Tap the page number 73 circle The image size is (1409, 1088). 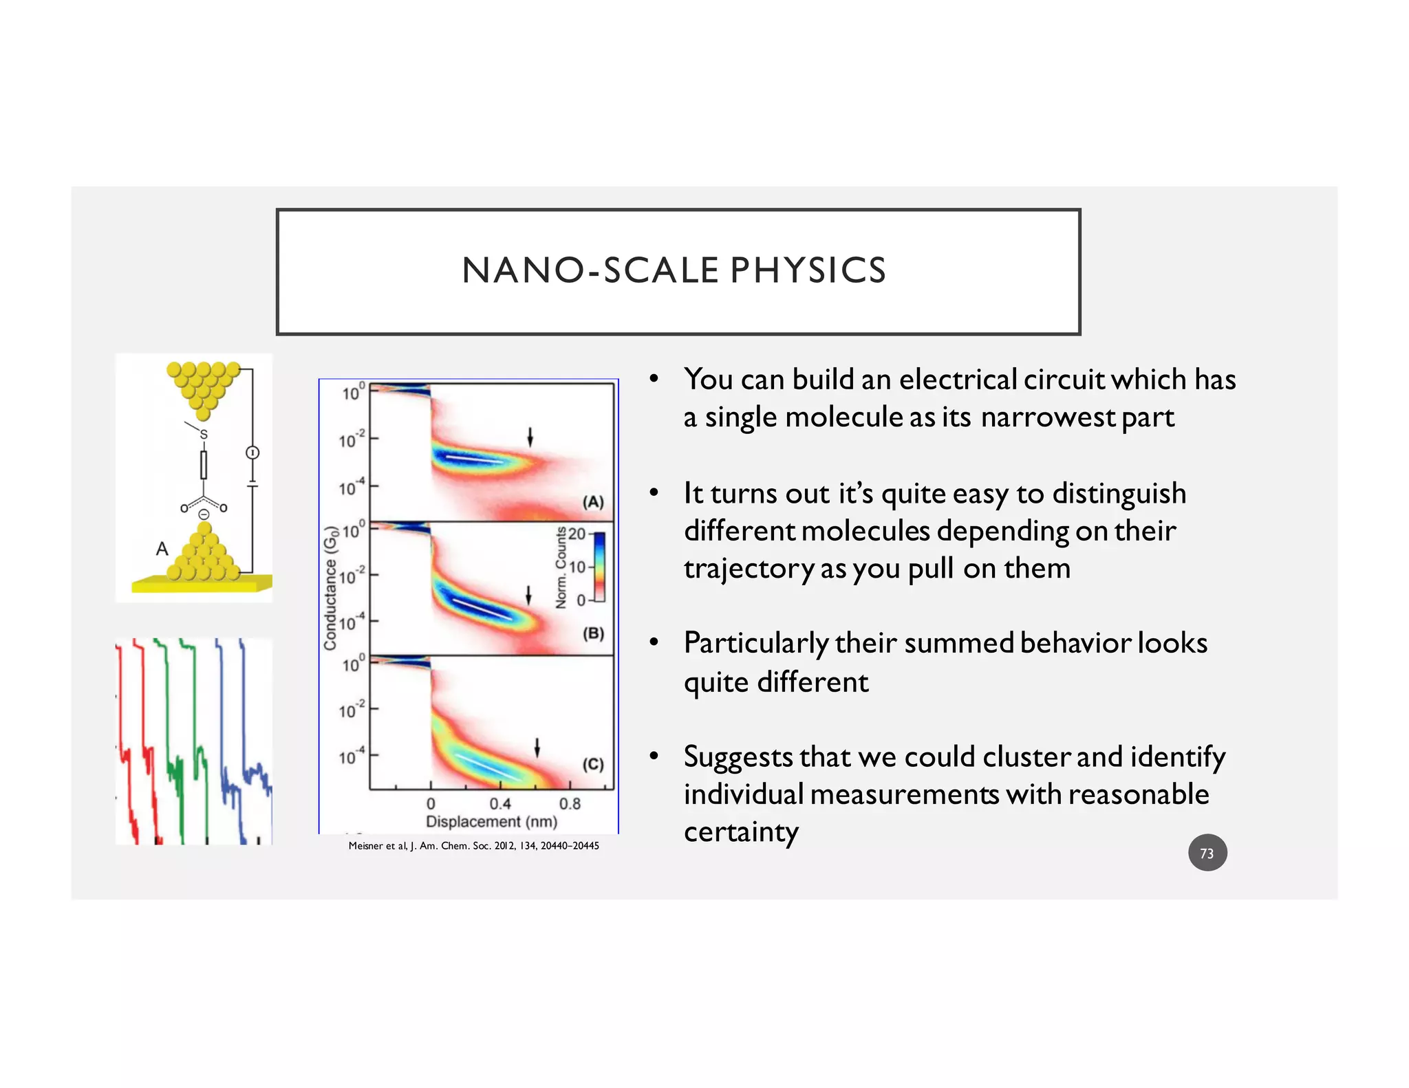[1207, 853]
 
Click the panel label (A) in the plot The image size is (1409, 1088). [593, 502]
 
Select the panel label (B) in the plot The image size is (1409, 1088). [593, 633]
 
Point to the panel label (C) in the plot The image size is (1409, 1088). [593, 764]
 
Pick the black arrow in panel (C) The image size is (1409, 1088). [537, 748]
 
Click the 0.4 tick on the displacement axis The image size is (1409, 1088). [500, 803]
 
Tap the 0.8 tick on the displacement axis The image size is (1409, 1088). [570, 803]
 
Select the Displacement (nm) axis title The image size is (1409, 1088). [491, 822]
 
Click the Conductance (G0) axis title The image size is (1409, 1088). [331, 589]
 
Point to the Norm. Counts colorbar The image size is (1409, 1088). [599, 567]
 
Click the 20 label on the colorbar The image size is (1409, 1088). [577, 534]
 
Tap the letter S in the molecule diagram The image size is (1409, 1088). [203, 435]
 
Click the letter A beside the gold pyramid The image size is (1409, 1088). [162, 549]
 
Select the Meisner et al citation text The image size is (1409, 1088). [473, 846]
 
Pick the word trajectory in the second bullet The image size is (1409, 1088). [748, 569]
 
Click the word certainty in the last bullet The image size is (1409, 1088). [741, 832]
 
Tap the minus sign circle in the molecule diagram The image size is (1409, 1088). [204, 514]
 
